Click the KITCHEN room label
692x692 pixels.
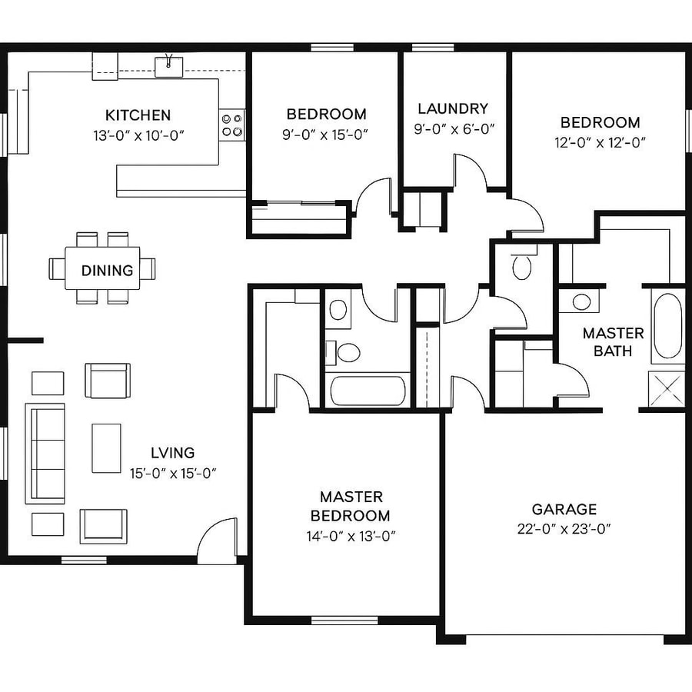[x=138, y=115]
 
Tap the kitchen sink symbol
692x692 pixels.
[x=168, y=67]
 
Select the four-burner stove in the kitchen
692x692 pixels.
[x=232, y=125]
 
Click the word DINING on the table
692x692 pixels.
[x=107, y=271]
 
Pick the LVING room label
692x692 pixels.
[x=173, y=453]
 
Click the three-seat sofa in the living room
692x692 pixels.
[x=45, y=453]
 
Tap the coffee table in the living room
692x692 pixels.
[x=106, y=448]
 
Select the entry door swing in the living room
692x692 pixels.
[x=217, y=538]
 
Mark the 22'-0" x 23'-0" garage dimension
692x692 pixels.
[x=564, y=528]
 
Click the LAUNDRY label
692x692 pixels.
[x=453, y=108]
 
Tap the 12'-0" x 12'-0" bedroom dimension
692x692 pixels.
[x=600, y=141]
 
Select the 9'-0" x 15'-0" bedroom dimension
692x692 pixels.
[x=326, y=134]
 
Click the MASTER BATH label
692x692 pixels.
[x=613, y=342]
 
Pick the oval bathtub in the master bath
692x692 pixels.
[x=667, y=326]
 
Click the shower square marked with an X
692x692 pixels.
[x=666, y=388]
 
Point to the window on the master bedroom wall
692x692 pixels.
[x=344, y=620]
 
